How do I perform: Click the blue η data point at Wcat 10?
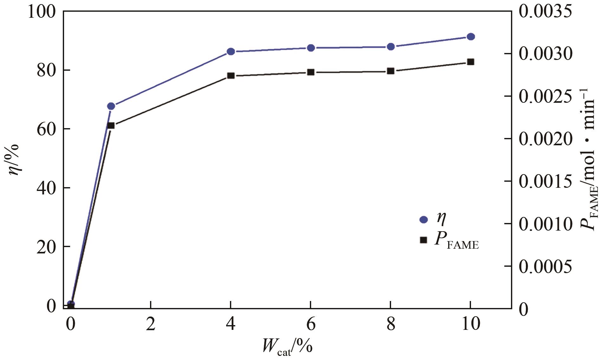471,36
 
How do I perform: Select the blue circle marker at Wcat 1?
111,106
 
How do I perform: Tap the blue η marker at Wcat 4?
231,51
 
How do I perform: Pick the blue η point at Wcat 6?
311,48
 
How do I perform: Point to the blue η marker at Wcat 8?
391,47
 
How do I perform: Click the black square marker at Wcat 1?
111,126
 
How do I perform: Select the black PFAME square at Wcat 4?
231,76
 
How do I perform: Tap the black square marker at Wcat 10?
471,62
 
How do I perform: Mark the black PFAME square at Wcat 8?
391,71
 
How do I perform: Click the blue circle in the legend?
423,220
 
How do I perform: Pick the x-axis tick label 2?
151,324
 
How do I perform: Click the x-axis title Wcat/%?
287,347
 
